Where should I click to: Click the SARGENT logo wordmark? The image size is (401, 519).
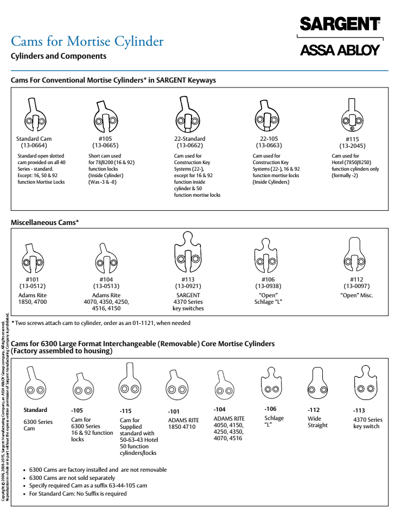(x=340, y=24)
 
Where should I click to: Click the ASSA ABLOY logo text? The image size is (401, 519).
(x=340, y=51)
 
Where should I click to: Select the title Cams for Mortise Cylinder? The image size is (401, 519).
(x=87, y=41)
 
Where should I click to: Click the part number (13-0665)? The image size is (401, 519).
(x=105, y=146)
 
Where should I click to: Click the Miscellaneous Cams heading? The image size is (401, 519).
(x=45, y=223)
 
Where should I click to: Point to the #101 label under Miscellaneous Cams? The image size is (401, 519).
(x=33, y=279)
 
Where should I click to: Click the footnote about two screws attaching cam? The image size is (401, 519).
(x=103, y=323)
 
